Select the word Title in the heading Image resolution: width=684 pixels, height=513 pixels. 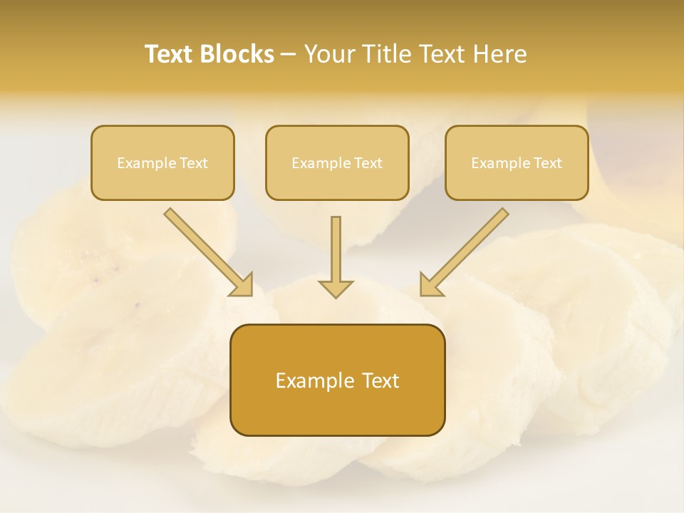[386, 54]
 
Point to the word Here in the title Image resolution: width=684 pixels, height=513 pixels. [502, 54]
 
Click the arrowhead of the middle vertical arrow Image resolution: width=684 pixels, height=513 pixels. [336, 288]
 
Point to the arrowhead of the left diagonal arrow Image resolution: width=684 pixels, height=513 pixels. [243, 285]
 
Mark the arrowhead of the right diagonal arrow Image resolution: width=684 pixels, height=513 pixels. [430, 285]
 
